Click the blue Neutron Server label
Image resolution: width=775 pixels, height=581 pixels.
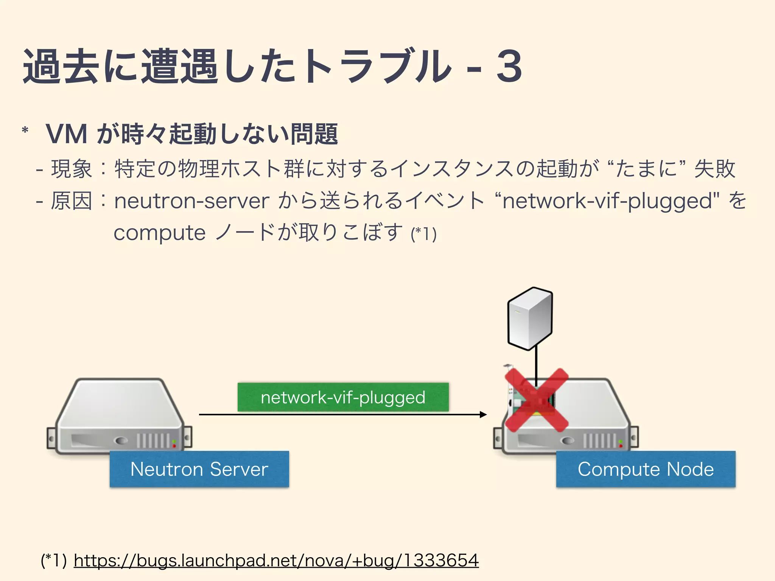[x=199, y=469]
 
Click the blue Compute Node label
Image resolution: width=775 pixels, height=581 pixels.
[x=646, y=469]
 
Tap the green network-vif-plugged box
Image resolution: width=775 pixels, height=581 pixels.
[x=343, y=397]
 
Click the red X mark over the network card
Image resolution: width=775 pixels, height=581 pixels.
[x=537, y=400]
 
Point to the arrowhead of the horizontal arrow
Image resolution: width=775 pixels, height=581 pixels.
[x=483, y=415]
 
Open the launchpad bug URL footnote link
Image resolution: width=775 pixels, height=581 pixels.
[x=276, y=560]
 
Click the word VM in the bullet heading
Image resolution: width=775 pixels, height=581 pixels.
[x=67, y=134]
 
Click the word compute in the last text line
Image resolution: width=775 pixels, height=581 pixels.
[x=159, y=233]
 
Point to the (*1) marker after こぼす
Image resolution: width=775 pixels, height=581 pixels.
[x=424, y=234]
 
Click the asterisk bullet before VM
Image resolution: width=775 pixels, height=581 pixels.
[x=25, y=131]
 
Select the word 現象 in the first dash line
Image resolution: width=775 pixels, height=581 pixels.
[x=72, y=169]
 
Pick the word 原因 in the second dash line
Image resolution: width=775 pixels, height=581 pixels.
[x=72, y=201]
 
